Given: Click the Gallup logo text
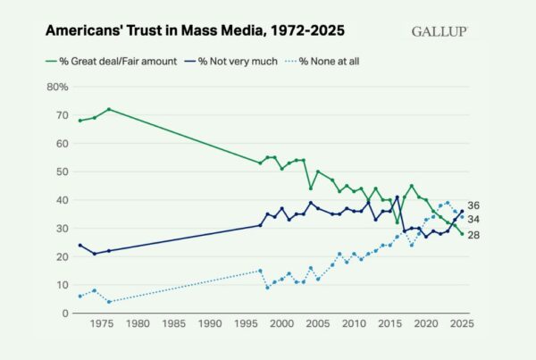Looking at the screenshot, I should [440, 31].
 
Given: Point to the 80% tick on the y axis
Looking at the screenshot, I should [55, 87].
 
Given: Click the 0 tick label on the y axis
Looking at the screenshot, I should [64, 314].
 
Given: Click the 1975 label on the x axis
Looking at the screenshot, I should [102, 326].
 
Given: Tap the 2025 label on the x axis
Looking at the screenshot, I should [462, 326].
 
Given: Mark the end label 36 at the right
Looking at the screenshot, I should [474, 205].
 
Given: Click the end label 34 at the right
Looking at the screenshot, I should [474, 219].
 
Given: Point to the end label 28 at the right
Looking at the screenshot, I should [474, 234].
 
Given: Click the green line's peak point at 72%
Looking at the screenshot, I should [108, 109].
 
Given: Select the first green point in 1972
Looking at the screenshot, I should [80, 121].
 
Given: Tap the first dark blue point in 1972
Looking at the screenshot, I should [80, 245].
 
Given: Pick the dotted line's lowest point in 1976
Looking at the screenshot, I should [108, 302].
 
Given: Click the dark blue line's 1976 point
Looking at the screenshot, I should [108, 251].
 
